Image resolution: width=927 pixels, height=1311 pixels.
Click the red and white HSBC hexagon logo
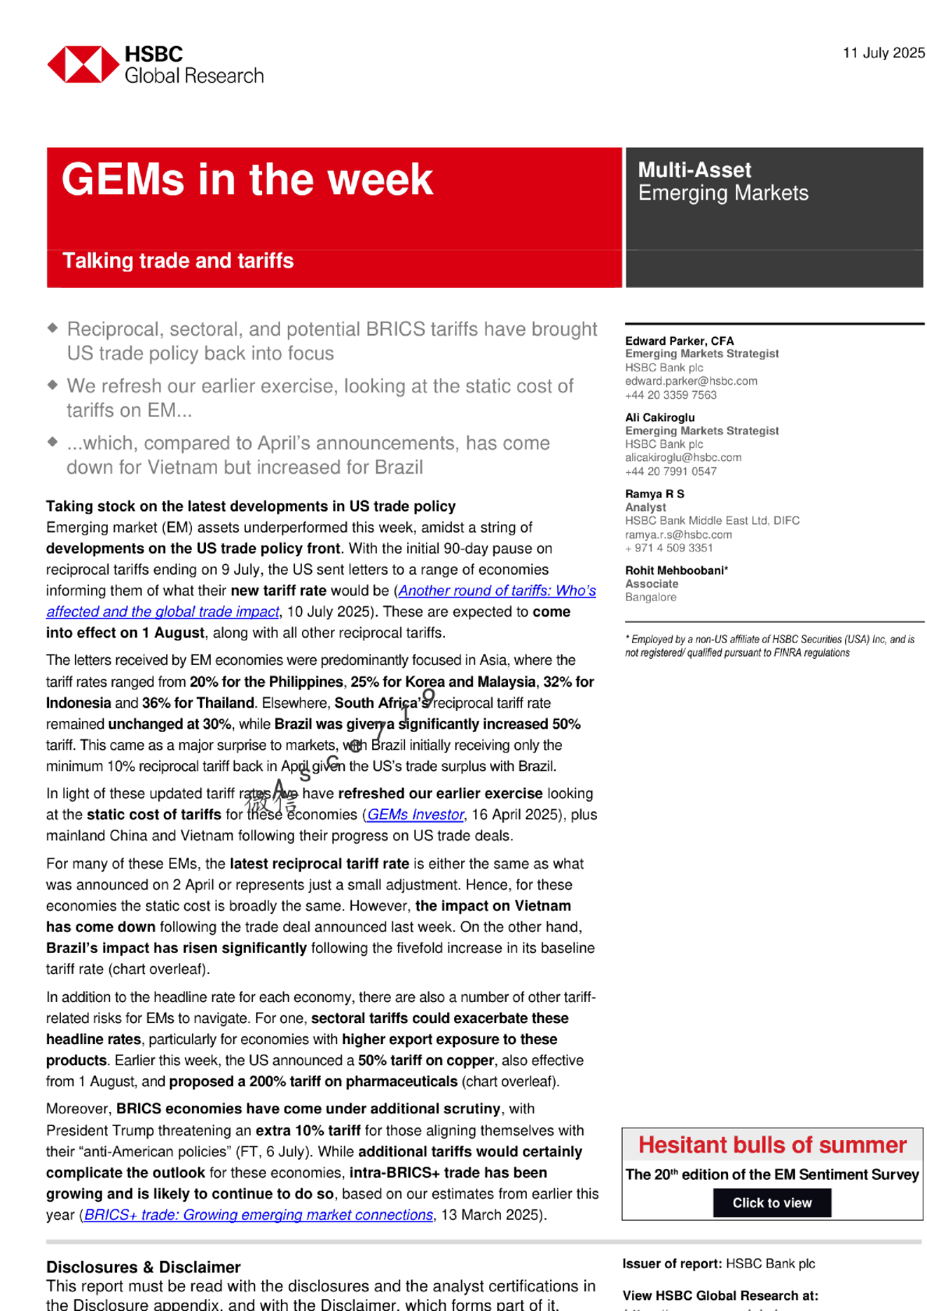(x=83, y=64)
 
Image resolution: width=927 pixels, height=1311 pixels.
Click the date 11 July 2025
(x=883, y=53)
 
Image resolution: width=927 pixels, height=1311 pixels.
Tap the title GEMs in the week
(x=247, y=180)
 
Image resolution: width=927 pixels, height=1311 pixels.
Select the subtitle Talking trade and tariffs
(x=178, y=261)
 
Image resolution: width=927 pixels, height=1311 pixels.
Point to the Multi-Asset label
(x=694, y=170)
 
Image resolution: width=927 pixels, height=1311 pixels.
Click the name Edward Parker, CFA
(x=679, y=341)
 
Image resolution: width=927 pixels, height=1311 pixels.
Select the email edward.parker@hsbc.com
(x=691, y=381)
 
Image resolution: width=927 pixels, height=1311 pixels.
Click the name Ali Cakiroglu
(x=659, y=417)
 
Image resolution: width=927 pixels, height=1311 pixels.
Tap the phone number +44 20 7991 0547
(x=670, y=471)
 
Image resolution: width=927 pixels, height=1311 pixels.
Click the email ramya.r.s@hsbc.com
(x=678, y=535)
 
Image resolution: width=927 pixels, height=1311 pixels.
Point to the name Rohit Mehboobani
(x=675, y=570)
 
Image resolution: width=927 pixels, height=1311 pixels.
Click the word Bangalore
(x=651, y=597)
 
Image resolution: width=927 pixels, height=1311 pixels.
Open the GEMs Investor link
(x=416, y=815)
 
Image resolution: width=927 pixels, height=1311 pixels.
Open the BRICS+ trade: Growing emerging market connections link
(x=258, y=1215)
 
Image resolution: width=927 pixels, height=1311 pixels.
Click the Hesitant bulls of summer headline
(x=772, y=1145)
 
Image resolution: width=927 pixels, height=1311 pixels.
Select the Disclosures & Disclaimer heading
(x=143, y=1267)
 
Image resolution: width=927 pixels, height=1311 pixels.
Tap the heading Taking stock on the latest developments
(x=250, y=506)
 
